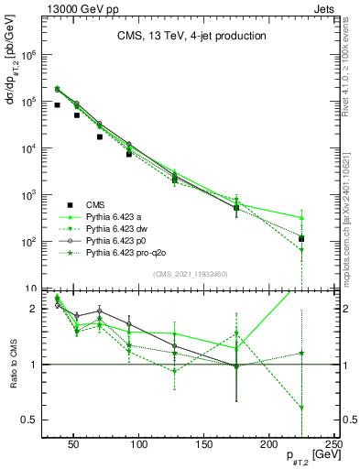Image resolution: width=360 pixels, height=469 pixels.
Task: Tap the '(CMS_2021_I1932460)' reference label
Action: pyautogui.click(x=190, y=272)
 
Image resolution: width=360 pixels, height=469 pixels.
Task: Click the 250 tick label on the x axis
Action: pyautogui.click(x=333, y=443)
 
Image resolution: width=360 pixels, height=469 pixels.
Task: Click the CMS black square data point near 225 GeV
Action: pyautogui.click(x=302, y=239)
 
